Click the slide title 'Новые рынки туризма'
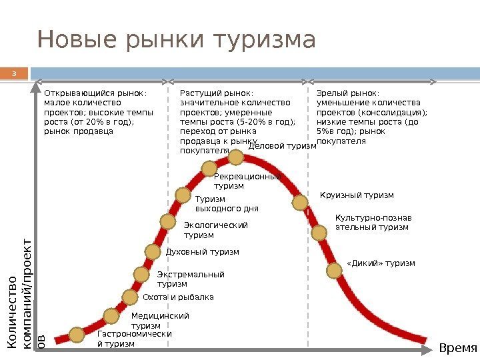tap(176, 40)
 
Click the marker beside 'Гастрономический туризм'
tap(77, 334)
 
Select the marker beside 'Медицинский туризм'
tap(111, 317)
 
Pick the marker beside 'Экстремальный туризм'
tap(141, 274)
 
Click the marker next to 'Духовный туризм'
tap(154, 252)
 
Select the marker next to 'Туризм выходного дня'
tap(183, 195)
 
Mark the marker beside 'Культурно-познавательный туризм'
tap(321, 231)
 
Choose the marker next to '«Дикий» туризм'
tap(334, 270)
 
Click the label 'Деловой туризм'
tap(282, 146)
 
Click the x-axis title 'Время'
tap(459, 349)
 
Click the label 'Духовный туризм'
tap(201, 252)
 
